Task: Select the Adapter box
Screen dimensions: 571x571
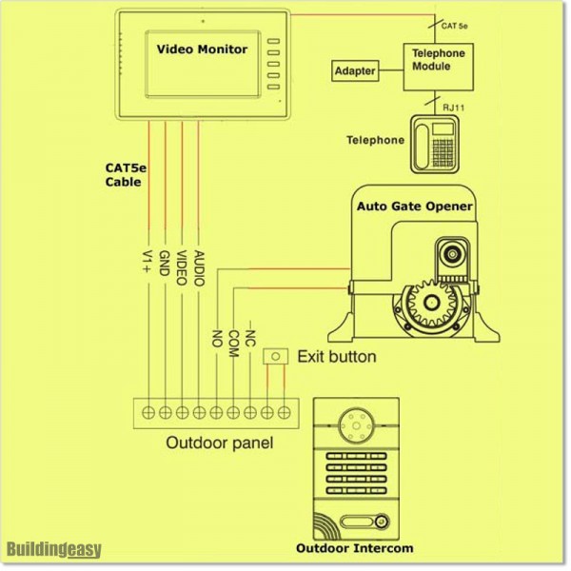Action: (x=354, y=71)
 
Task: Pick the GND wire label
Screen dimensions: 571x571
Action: (x=164, y=262)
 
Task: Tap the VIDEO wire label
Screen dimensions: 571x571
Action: (x=181, y=266)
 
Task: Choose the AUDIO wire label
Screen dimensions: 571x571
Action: (x=198, y=268)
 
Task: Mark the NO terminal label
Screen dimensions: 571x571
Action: (x=217, y=337)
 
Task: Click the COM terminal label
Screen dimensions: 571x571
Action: (x=233, y=340)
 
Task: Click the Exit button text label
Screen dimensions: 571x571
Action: (x=336, y=358)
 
